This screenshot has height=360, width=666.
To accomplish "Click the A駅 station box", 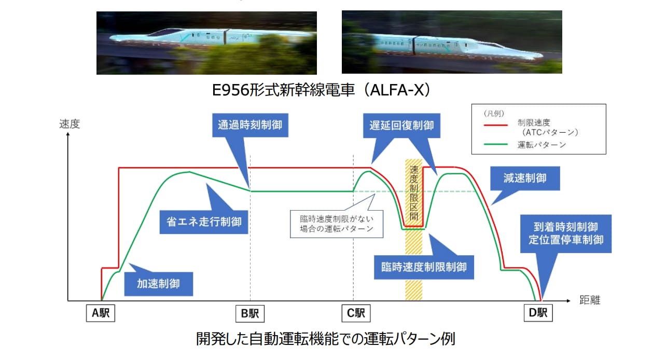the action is [x=101, y=313].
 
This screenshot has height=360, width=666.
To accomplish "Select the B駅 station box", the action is [x=250, y=313].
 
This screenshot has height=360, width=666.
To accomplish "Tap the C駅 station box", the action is [x=356, y=313].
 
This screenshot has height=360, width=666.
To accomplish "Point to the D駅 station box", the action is [x=538, y=313].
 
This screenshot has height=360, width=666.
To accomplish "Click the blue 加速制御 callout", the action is [x=159, y=284].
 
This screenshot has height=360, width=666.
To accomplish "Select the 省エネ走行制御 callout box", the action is [x=204, y=222].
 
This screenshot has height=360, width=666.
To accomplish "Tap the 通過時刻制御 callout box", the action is [x=250, y=125].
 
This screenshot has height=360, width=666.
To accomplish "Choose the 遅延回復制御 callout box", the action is [x=401, y=126].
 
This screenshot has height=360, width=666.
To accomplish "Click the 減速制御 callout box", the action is [x=525, y=178].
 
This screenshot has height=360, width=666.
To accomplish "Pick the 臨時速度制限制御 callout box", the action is [x=424, y=267].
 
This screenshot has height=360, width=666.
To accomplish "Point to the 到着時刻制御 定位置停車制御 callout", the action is [x=566, y=233].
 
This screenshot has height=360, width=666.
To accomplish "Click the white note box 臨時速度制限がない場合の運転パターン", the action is [x=337, y=224].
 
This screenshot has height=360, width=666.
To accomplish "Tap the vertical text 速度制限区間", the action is [x=414, y=193].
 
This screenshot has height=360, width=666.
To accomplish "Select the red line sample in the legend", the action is [x=496, y=126].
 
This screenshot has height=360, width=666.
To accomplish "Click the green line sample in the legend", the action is [x=496, y=145].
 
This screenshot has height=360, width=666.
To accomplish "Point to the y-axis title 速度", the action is [x=70, y=124].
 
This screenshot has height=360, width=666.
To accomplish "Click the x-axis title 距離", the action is [x=590, y=300].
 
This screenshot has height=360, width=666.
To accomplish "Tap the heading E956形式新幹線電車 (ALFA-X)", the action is [x=321, y=90].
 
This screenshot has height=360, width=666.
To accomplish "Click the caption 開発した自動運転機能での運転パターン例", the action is [x=326, y=339].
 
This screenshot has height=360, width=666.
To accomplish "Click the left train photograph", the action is [x=206, y=43].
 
